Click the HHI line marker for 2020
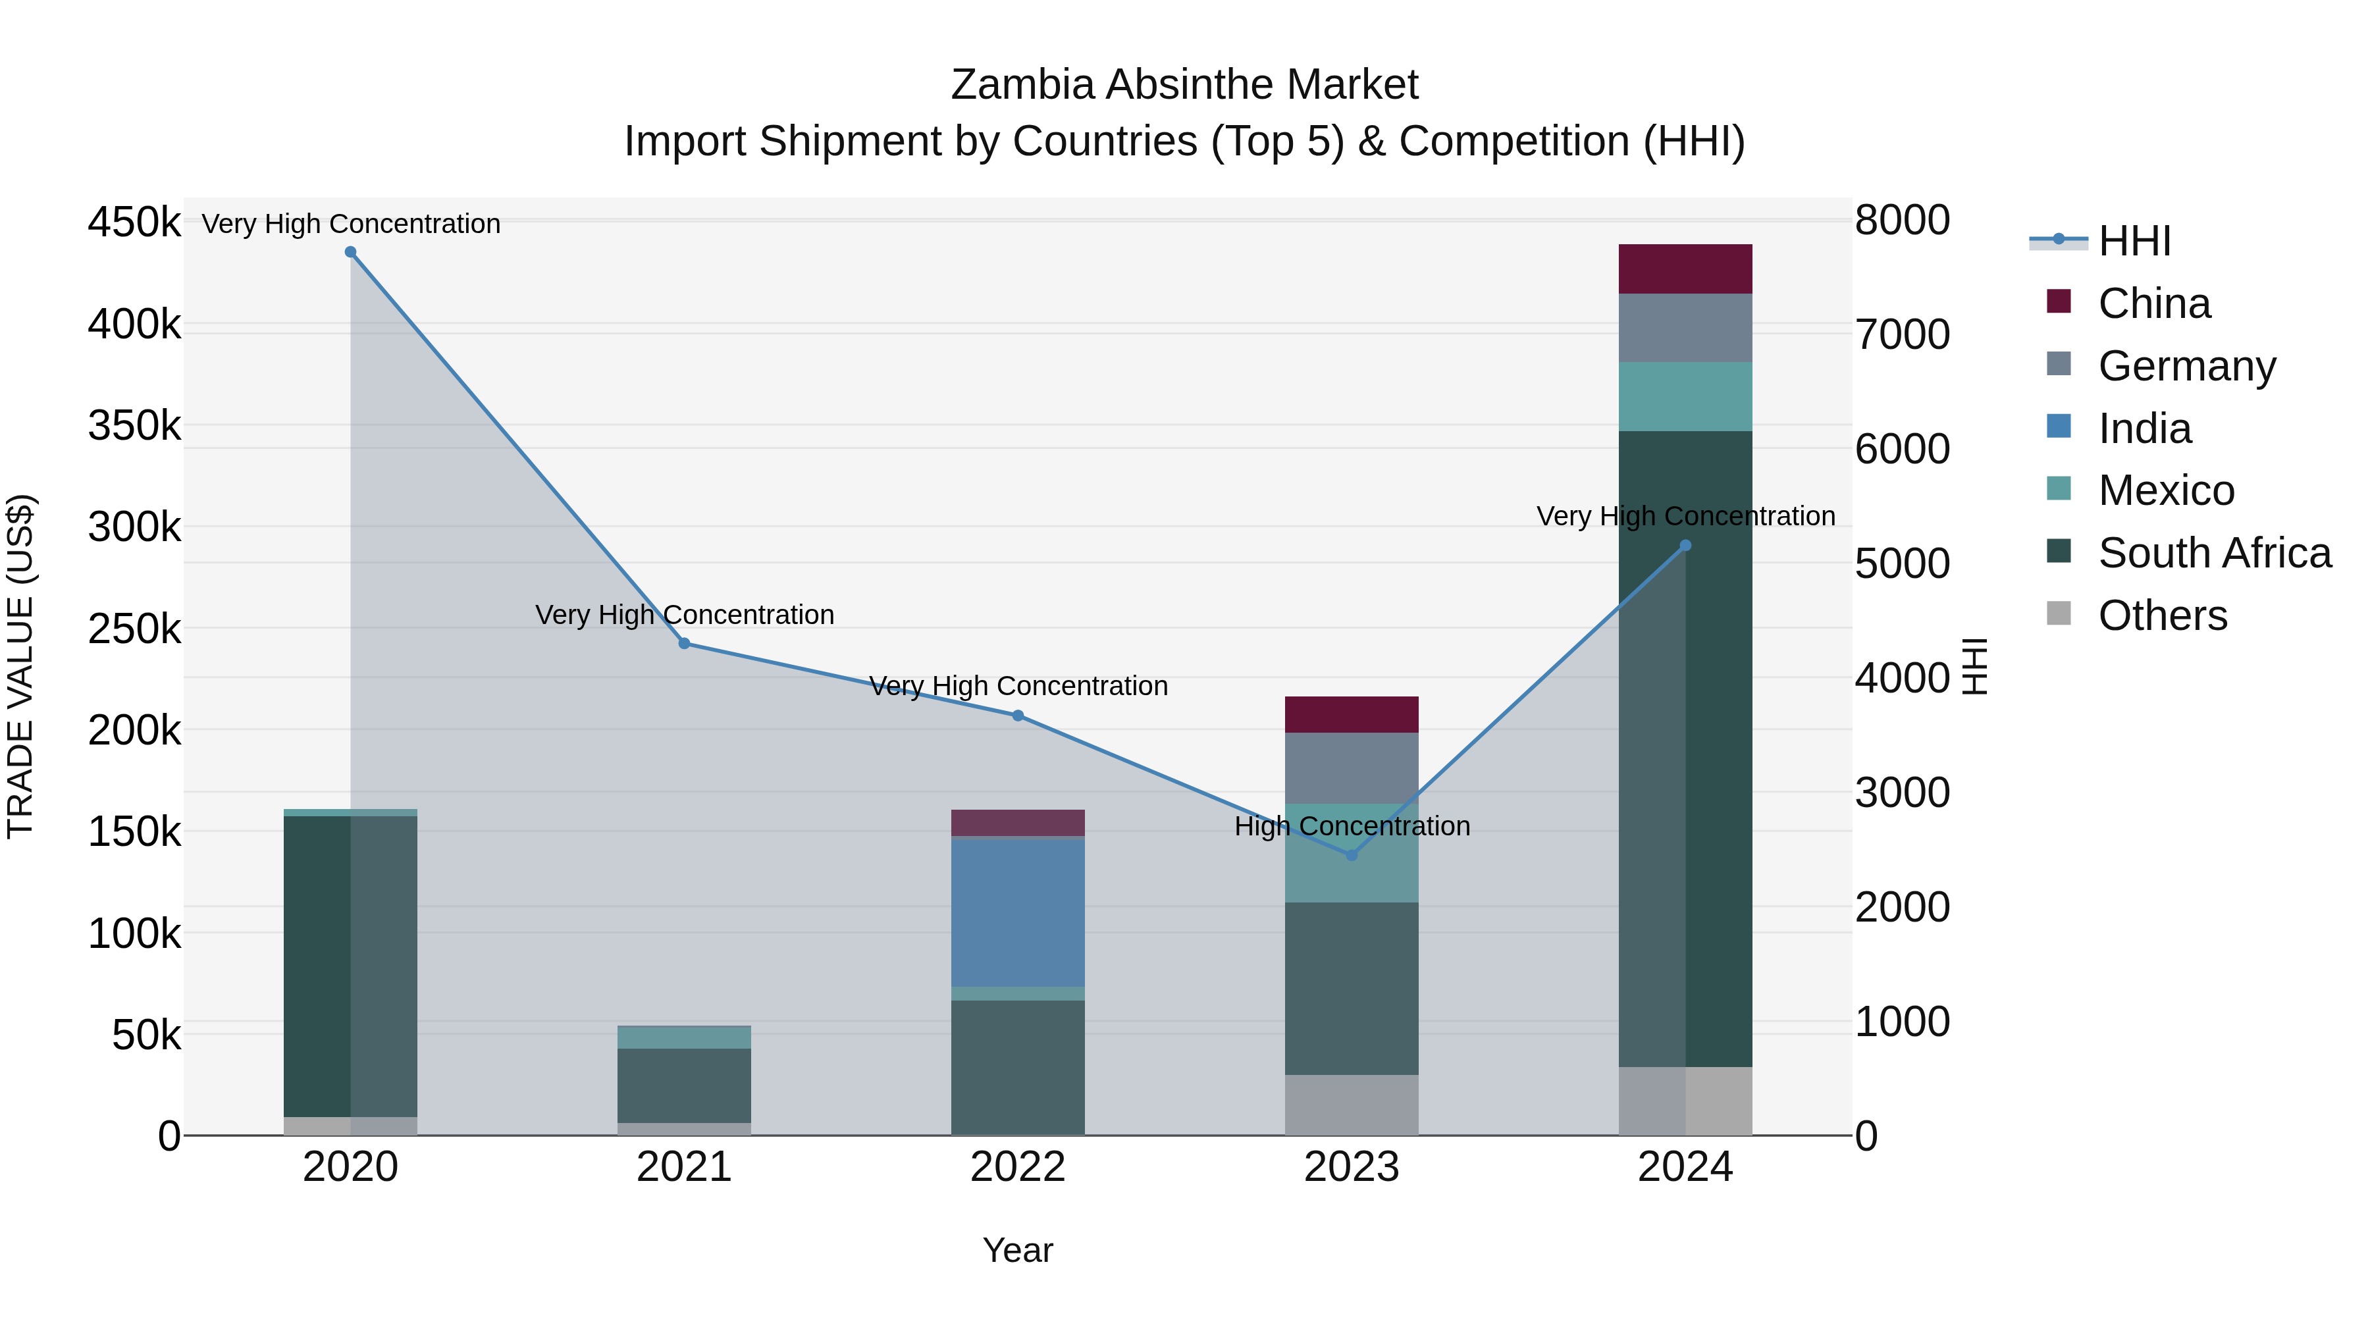350,252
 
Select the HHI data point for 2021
685,644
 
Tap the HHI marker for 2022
1018,716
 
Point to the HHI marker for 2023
1352,856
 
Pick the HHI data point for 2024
1685,546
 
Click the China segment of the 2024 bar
1685,269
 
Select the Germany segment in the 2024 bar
1685,328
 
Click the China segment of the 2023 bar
1352,715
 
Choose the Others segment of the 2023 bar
1352,1105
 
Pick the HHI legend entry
2134,241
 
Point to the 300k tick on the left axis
134,528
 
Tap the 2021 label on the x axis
685,1167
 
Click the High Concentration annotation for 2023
1352,826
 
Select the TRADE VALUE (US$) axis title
21,666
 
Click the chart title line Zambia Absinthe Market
1184,85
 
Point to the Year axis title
1018,1250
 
